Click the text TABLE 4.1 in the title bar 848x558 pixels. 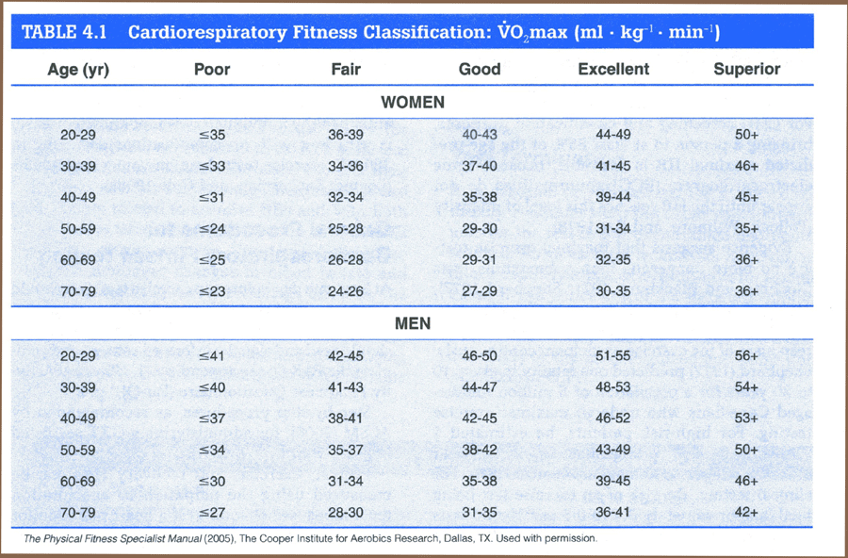(63, 32)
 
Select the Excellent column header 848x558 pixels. (613, 69)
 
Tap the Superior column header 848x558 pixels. (746, 69)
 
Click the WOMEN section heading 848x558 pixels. (413, 102)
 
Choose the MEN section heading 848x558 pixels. (413, 323)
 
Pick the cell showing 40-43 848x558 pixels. (479, 136)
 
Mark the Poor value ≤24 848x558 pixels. (212, 229)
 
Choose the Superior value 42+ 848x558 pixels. (746, 512)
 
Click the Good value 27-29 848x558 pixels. (479, 291)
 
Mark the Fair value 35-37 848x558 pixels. (346, 451)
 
